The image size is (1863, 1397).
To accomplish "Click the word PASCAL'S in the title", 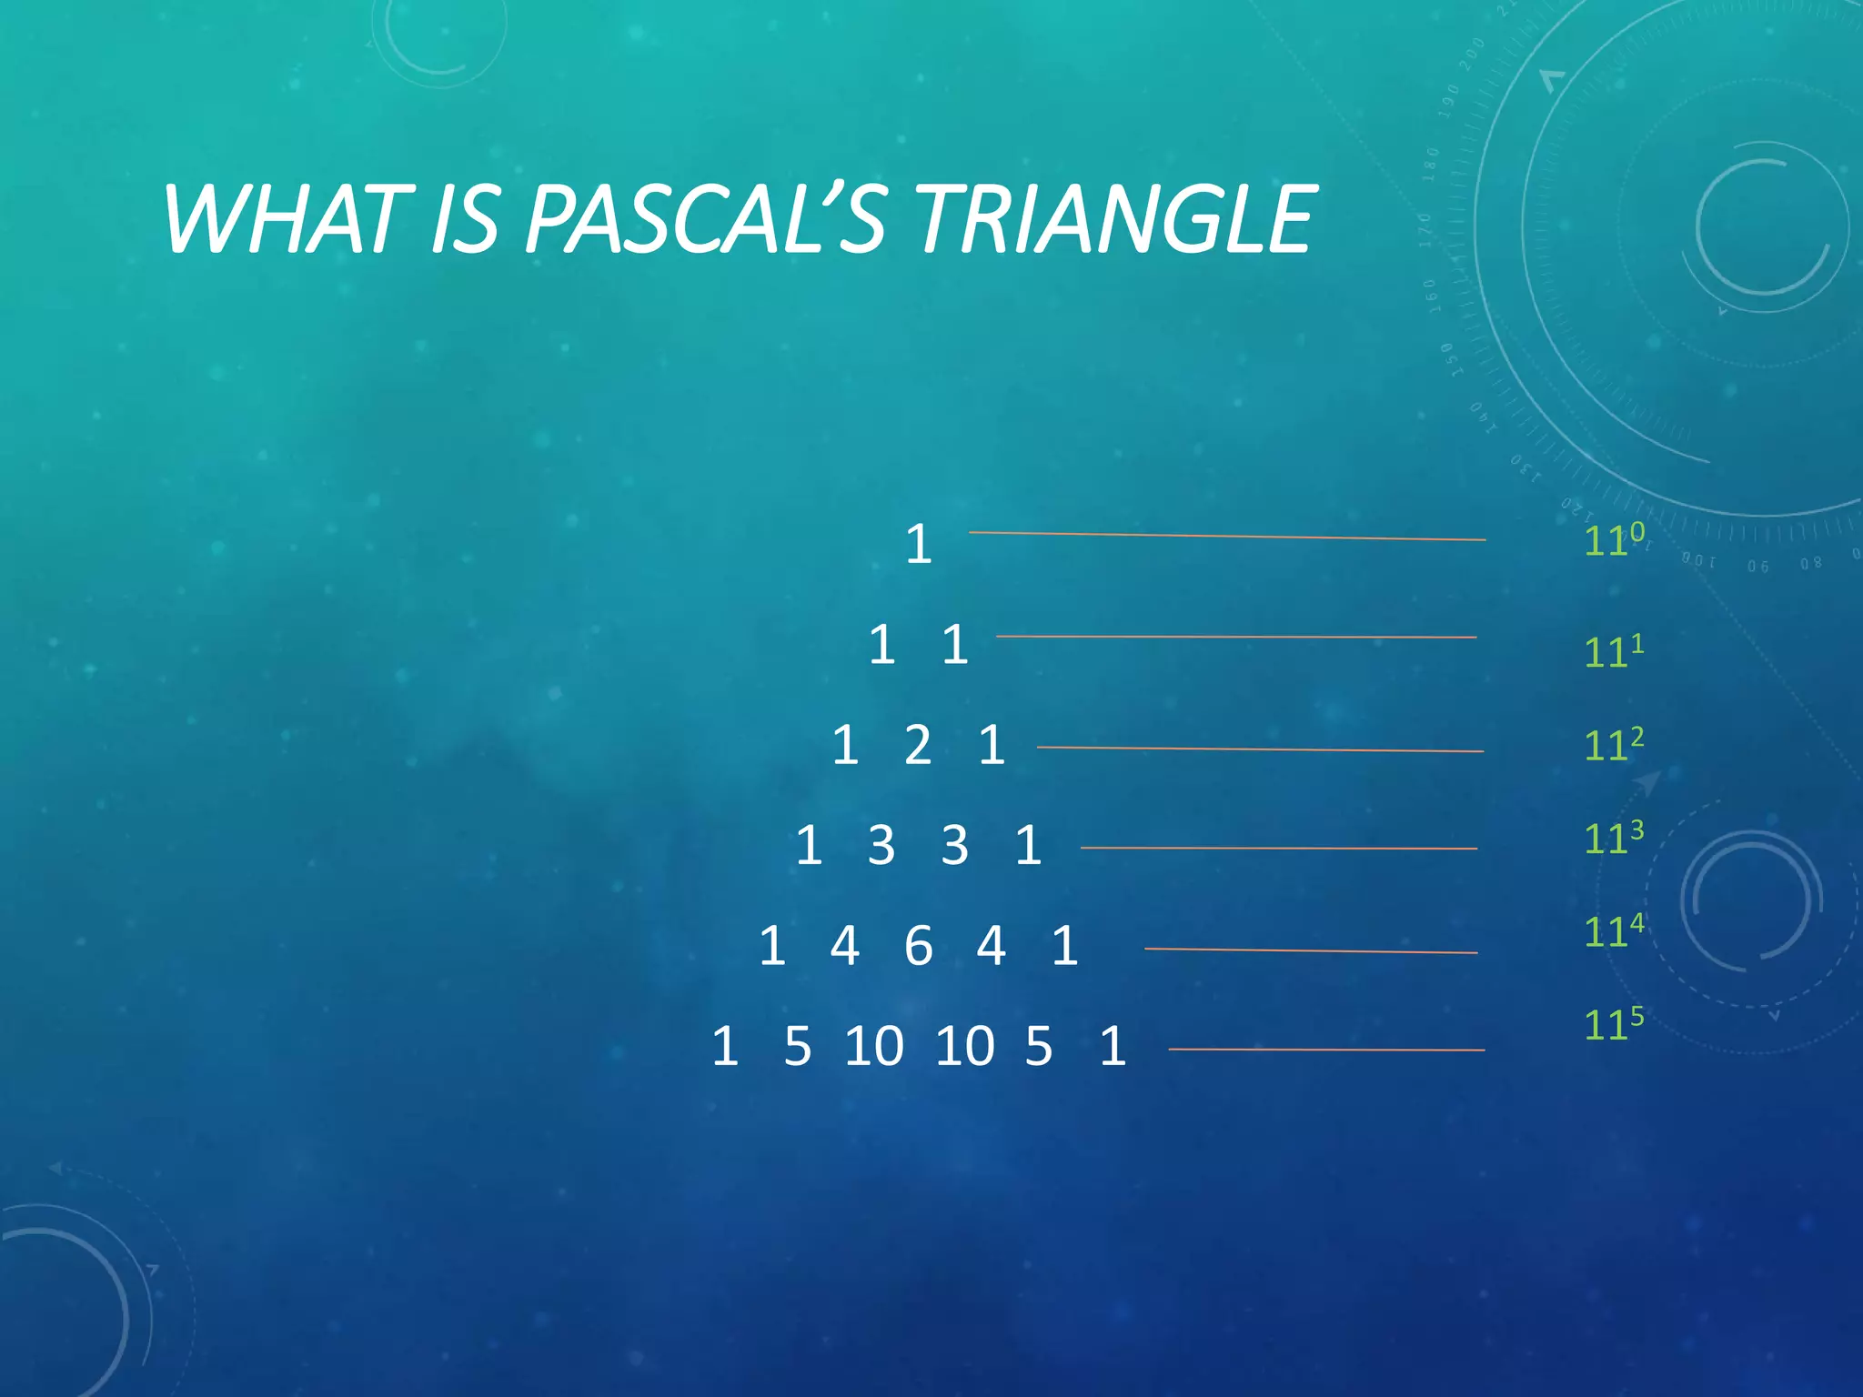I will [705, 219].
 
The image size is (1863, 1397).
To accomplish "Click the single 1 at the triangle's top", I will [919, 545].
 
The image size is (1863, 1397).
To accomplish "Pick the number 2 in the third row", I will [918, 745].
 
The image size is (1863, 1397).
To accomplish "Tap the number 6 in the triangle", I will [919, 946].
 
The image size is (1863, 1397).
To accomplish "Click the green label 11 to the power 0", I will [1614, 539].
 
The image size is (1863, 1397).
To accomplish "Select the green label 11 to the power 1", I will [1614, 650].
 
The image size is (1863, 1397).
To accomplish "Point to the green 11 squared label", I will [1614, 744].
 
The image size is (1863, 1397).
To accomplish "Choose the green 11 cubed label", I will [1614, 837].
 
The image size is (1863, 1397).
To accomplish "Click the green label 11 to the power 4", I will [1614, 930].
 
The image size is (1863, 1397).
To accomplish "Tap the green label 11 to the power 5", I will [1614, 1023].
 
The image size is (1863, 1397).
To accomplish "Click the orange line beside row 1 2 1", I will [1260, 749].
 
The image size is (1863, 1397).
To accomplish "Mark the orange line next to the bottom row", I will [1326, 1050].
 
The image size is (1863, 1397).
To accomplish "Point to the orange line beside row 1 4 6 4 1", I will [1310, 950].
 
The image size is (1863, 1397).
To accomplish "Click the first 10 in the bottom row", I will [874, 1046].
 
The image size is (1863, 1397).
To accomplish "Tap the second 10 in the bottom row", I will [965, 1046].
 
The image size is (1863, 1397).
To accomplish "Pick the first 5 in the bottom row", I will [798, 1046].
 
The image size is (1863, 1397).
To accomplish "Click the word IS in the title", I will [465, 219].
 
